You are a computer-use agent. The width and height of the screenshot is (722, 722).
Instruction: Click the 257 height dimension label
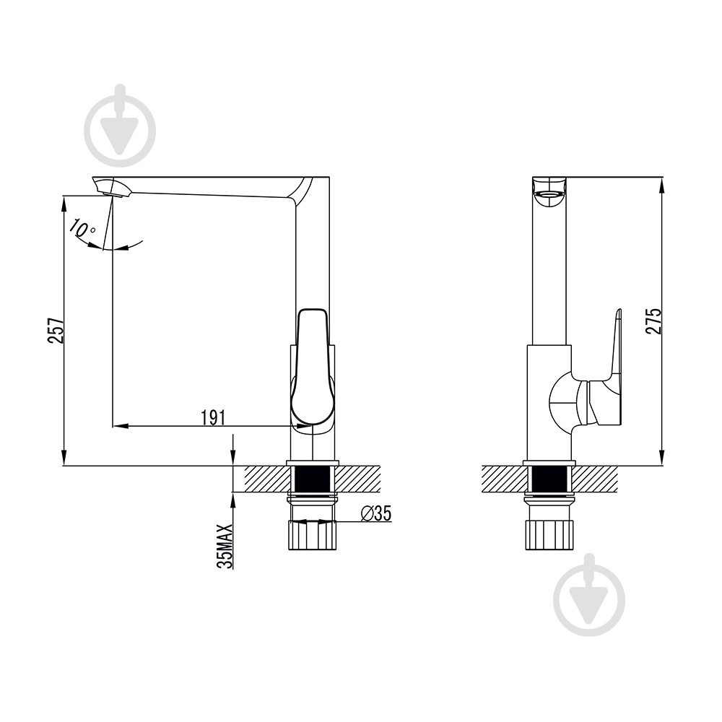[56, 330]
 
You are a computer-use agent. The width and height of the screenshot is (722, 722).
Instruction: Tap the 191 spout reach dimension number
[213, 417]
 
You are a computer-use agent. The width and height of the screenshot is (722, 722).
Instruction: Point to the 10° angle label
[82, 229]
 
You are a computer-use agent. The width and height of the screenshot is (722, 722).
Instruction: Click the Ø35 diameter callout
[375, 513]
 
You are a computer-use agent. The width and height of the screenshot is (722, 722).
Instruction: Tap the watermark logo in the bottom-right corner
[589, 595]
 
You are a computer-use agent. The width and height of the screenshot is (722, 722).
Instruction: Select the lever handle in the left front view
[311, 367]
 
